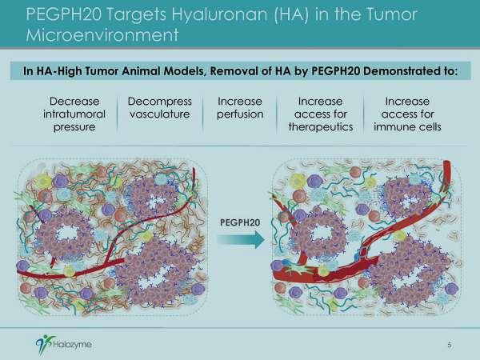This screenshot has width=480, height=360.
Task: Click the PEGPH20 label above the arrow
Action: coord(240,222)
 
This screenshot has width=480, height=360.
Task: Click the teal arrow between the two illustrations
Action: coord(241,239)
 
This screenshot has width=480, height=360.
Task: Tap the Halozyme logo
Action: coord(64,344)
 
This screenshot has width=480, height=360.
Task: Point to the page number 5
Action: coord(450,345)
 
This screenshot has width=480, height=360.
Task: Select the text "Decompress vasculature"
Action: coord(160,107)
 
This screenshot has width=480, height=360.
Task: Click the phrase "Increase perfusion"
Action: coord(240,107)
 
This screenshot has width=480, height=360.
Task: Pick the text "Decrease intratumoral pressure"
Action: coord(74,114)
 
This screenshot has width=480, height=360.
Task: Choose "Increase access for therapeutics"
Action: coord(321,114)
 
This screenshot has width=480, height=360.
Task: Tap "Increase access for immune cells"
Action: coord(407,114)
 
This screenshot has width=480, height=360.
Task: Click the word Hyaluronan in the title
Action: coord(219,14)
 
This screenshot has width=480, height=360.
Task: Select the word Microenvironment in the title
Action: coord(102,35)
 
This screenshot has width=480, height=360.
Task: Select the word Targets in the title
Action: coord(136,15)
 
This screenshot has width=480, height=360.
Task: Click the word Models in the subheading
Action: coord(184,71)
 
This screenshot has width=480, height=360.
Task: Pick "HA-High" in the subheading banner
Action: coord(56,71)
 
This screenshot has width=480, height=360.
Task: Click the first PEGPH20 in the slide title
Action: coord(63,14)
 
